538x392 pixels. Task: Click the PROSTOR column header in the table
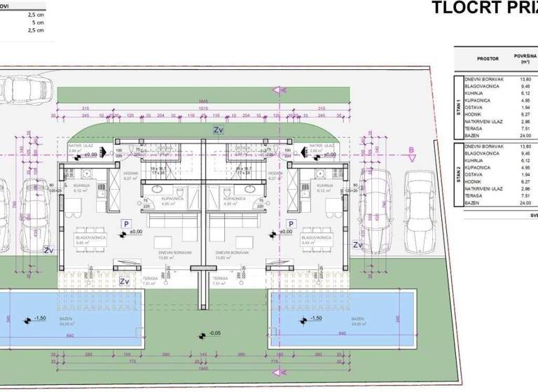tap(488, 59)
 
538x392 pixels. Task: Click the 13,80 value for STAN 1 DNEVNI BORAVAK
tap(525, 79)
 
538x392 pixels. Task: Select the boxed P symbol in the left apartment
tap(126, 223)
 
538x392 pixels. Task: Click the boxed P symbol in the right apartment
tap(285, 223)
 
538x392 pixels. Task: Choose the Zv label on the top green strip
tap(218, 130)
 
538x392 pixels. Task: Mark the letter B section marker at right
tap(411, 149)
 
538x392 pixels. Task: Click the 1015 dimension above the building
tap(202, 108)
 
